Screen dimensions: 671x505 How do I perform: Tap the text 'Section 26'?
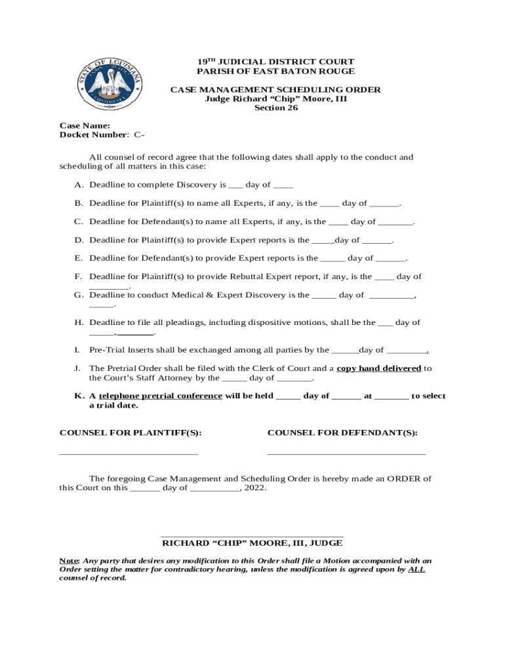click(276, 108)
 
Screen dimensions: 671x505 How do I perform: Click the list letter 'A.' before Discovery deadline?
click(79, 185)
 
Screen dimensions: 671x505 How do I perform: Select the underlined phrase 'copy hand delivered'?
click(378, 368)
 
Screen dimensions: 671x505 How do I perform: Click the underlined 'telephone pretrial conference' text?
click(160, 396)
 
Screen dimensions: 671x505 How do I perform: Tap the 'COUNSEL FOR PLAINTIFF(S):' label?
click(131, 432)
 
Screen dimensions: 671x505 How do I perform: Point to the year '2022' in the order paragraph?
click(255, 488)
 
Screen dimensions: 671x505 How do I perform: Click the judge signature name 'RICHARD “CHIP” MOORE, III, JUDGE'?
click(252, 543)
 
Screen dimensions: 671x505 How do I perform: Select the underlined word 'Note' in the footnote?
click(69, 561)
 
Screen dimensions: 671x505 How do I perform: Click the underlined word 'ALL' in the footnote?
click(416, 569)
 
